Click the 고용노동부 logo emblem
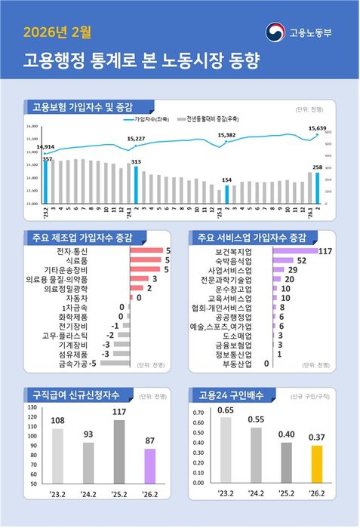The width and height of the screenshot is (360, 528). click(x=275, y=32)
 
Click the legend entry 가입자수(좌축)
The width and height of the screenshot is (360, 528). click(x=150, y=119)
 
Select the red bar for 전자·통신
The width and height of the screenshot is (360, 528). click(x=146, y=250)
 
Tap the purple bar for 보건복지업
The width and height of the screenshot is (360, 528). click(x=294, y=250)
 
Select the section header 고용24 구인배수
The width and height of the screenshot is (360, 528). click(x=226, y=394)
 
